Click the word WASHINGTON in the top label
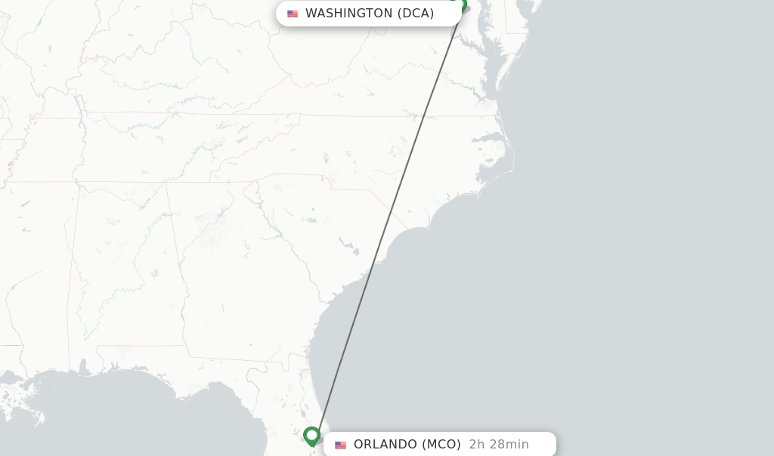(348, 14)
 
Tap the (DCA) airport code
(416, 14)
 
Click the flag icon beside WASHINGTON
(293, 14)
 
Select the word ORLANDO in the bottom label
(385, 445)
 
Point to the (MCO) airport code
(441, 445)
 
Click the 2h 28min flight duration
(499, 445)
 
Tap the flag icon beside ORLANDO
(341, 445)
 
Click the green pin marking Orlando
(311, 436)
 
